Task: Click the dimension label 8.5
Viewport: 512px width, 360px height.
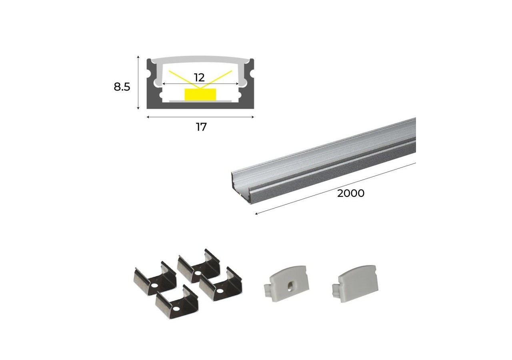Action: click(x=122, y=87)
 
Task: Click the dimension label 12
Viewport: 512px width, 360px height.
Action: click(x=199, y=78)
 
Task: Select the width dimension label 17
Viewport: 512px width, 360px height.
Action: click(x=201, y=127)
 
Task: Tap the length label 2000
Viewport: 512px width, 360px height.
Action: click(x=351, y=193)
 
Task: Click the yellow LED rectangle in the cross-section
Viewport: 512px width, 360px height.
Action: click(x=200, y=94)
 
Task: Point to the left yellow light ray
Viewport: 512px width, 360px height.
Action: click(x=185, y=80)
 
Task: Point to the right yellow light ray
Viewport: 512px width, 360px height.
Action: click(x=216, y=79)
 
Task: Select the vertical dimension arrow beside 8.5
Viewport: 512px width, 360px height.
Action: click(x=138, y=82)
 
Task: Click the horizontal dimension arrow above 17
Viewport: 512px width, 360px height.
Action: click(x=200, y=117)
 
